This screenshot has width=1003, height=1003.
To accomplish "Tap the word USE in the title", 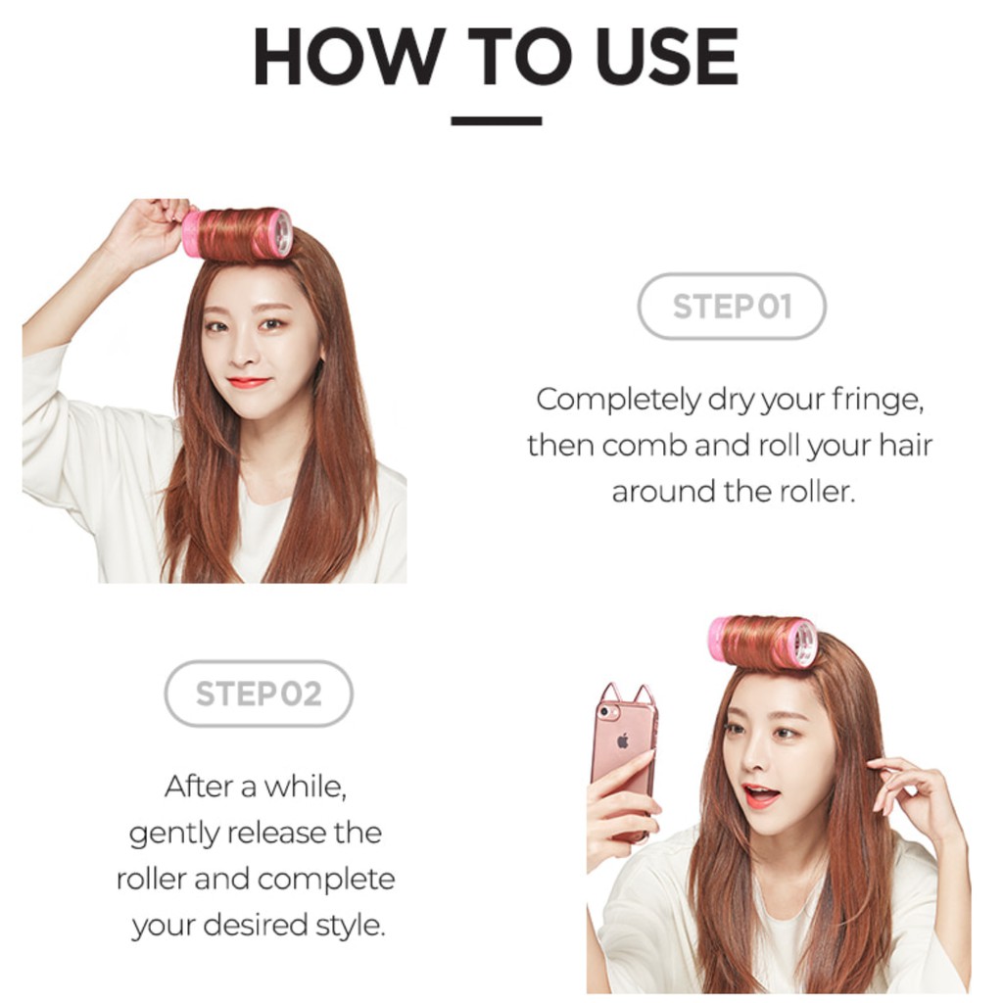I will point(666,59).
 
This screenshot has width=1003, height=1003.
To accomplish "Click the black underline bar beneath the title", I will point(497,121).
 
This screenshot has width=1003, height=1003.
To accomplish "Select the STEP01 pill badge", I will point(732,307).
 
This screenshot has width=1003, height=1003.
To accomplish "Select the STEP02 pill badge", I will point(259,693).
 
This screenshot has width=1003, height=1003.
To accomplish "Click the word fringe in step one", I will point(881,400).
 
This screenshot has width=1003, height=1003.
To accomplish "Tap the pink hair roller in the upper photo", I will point(237,234).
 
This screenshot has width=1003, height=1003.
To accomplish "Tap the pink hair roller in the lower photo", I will point(763,643).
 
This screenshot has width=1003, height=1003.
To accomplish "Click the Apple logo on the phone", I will point(622,741).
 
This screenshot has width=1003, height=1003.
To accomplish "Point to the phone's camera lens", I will point(604,711).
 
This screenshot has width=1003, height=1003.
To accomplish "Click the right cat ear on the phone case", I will point(644,693).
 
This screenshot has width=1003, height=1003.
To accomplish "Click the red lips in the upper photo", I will point(248,382).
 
